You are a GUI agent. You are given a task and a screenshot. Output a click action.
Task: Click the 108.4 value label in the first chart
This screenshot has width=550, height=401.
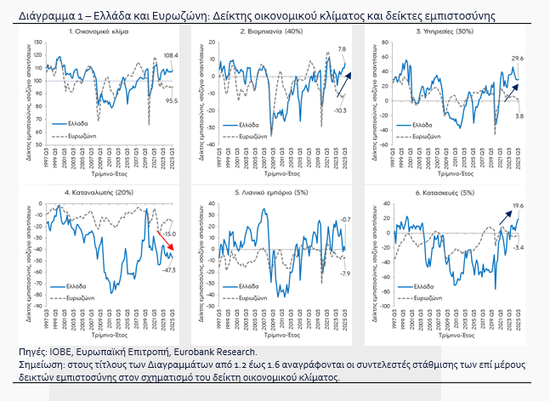coord(170,55)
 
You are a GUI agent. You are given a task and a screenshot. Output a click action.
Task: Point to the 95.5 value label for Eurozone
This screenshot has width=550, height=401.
coord(170,101)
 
